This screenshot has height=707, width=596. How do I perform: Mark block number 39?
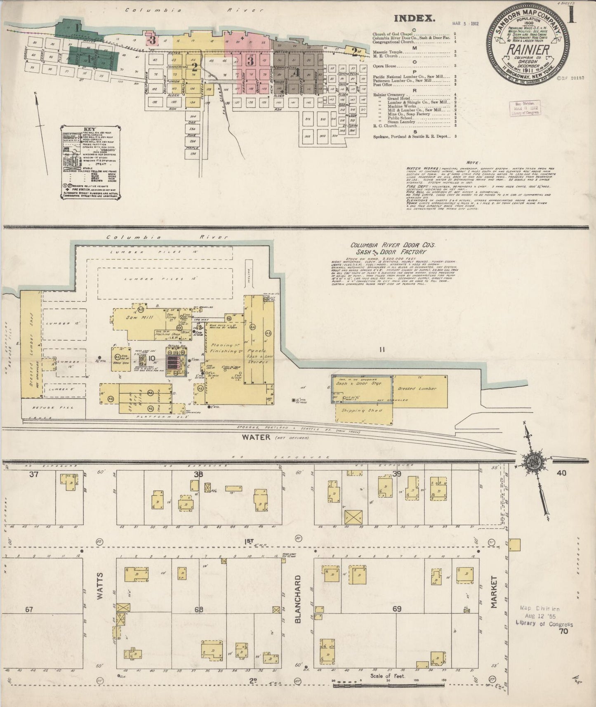coord(396,474)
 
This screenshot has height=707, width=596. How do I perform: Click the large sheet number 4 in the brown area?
coord(295,72)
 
